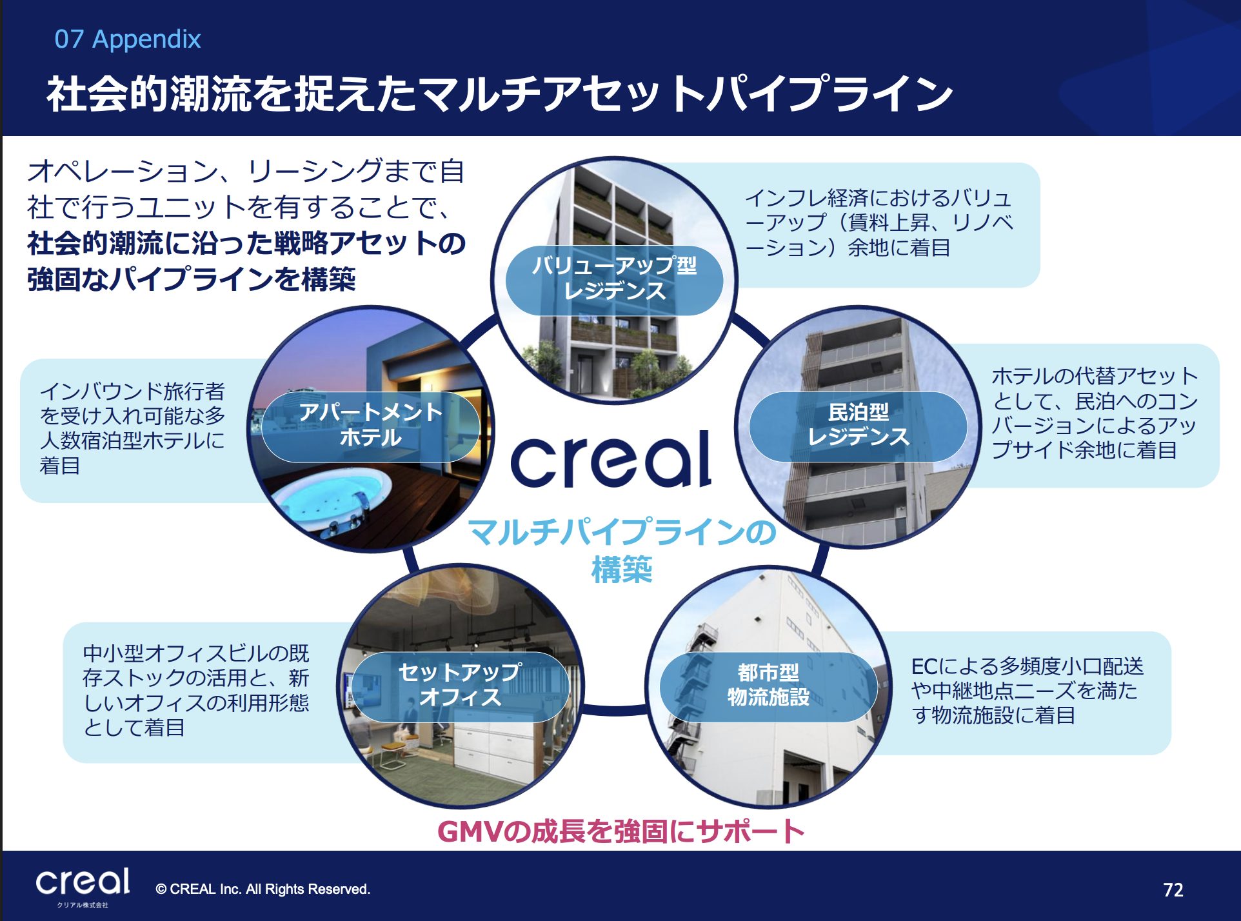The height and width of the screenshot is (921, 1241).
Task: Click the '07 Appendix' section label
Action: point(128,39)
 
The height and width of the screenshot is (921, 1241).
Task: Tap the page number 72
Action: point(1173,890)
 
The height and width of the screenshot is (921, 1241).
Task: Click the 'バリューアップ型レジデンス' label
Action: point(614,279)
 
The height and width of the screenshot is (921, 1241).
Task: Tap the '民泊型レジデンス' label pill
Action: point(858,425)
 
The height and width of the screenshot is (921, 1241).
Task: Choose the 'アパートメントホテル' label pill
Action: point(370,426)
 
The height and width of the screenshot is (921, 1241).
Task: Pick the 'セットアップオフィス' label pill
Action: point(460,686)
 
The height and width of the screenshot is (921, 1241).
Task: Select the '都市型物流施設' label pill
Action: point(768,686)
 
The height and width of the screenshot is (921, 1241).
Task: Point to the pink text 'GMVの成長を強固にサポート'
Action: point(620,831)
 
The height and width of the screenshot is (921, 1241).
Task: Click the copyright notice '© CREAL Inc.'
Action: point(263,889)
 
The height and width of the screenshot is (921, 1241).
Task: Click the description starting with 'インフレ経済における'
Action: point(879,223)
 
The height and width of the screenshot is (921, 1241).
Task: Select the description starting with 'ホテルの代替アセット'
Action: point(1095,413)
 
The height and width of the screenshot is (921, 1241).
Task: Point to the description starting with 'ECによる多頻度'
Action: point(1027,691)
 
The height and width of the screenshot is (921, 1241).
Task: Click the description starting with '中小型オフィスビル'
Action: point(196,690)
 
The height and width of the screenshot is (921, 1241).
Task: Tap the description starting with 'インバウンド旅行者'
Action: point(132,428)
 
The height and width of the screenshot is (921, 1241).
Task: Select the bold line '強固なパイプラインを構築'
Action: point(192,279)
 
